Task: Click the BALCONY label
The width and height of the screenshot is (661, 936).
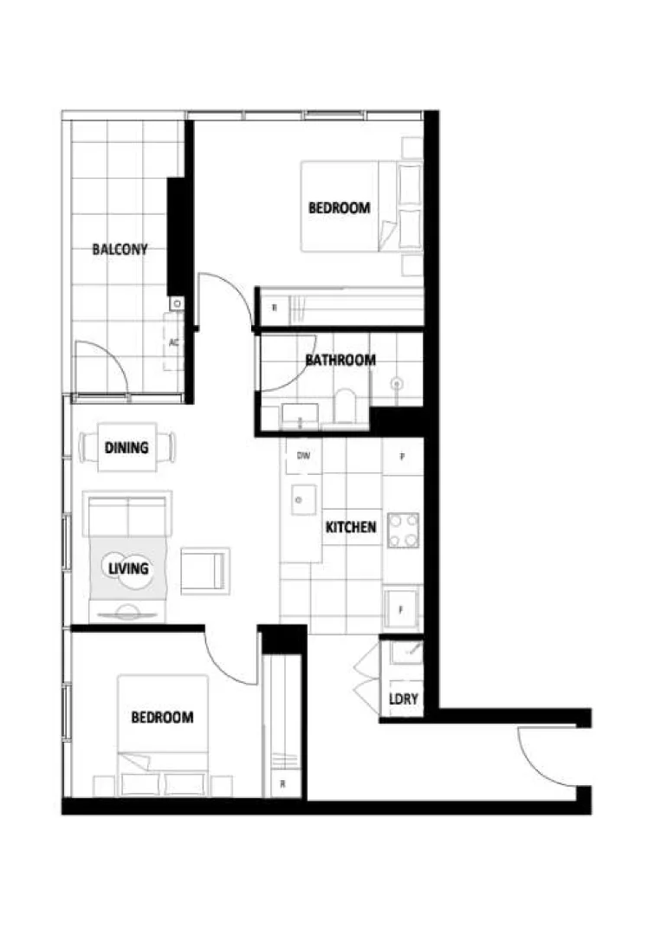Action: pos(120,250)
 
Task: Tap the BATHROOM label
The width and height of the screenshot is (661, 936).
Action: pos(340,360)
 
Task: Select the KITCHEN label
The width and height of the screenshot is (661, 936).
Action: pos(351,527)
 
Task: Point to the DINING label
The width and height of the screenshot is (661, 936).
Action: pos(126,448)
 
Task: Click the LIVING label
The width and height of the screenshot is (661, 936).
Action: pos(127,569)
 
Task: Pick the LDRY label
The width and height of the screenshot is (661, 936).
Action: pos(402,699)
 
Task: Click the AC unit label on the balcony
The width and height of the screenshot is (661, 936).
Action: pos(174,342)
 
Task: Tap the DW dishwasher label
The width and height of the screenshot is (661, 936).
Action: pos(303,455)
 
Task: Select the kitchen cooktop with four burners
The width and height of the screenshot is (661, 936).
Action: pos(403,530)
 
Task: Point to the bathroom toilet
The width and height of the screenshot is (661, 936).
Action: pos(345,407)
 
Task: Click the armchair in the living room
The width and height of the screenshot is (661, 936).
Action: pos(204,571)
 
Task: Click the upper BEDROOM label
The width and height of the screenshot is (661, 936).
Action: pos(340,208)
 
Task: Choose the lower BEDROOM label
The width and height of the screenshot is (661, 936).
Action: pos(162,718)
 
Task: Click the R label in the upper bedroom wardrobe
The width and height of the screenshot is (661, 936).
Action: pos(274,308)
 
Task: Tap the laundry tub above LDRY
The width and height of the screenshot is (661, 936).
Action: pos(405,653)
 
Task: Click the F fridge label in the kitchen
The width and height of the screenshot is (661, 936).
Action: pos(401,609)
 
